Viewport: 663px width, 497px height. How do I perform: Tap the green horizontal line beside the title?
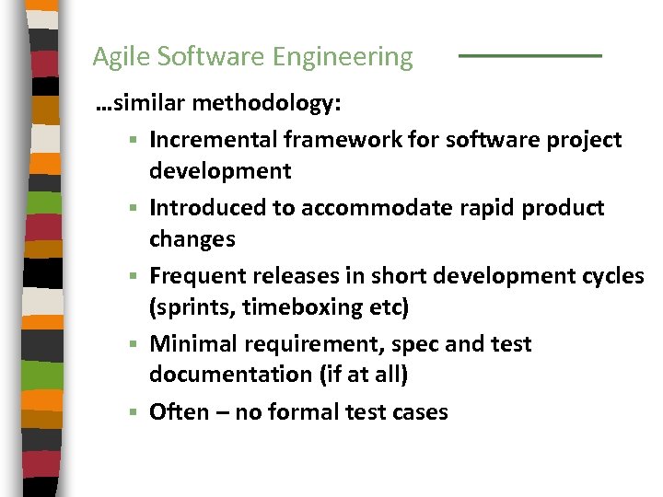tap(529, 56)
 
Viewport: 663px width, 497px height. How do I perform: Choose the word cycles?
tap(612, 276)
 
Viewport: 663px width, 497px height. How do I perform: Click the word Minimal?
tap(192, 344)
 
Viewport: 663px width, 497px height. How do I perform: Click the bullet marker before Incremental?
tap(134, 141)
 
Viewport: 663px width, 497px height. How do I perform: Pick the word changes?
tap(192, 239)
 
